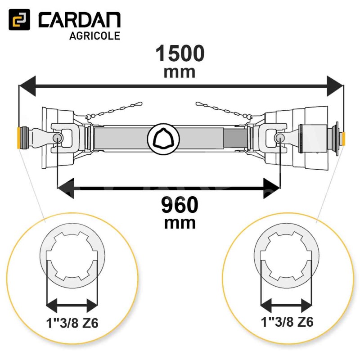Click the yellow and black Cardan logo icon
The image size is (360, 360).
click(x=19, y=19)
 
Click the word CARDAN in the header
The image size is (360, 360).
click(x=80, y=20)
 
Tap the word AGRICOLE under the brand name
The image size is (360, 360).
click(x=94, y=36)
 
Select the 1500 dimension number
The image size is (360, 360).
click(x=180, y=53)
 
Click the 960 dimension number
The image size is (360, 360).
click(x=180, y=205)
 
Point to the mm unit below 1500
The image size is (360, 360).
click(x=180, y=72)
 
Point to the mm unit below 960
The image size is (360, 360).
click(x=180, y=223)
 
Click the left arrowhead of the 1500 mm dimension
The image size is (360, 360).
click(x=27, y=86)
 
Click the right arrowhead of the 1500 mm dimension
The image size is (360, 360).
click(x=335, y=86)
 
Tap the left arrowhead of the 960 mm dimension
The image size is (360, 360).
click(x=65, y=188)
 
